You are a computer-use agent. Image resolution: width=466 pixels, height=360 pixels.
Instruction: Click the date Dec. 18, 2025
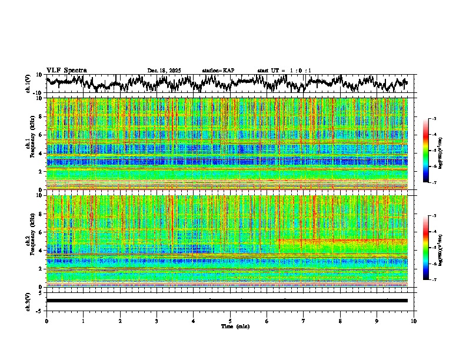tap(164, 71)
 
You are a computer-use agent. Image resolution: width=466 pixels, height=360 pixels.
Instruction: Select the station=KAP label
tap(218, 71)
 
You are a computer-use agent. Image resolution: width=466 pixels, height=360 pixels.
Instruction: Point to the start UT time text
tap(284, 71)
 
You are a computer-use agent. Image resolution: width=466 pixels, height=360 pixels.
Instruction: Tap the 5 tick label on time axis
tap(230, 321)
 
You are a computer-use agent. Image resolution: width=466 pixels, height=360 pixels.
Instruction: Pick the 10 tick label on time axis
tap(414, 321)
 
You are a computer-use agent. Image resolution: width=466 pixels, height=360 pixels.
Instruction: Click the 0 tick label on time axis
tap(46, 321)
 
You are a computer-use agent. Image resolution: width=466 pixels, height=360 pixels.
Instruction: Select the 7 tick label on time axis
tap(304, 321)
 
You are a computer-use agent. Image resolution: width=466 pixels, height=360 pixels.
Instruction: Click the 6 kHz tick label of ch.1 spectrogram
tap(41, 135)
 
